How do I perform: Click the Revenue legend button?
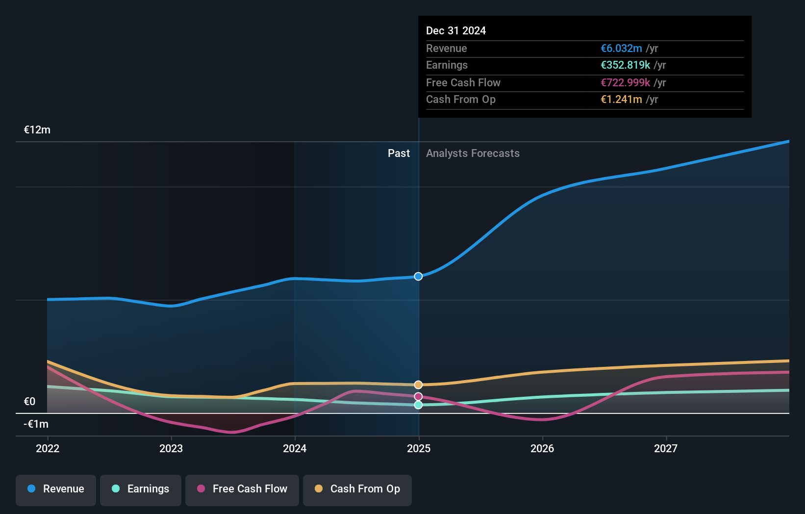click(x=56, y=489)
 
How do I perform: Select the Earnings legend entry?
click(x=141, y=489)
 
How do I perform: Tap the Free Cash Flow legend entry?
click(x=242, y=489)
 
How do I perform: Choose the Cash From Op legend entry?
click(x=357, y=489)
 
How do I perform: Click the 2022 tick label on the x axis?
click(x=48, y=448)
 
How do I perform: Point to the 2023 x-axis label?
click(x=171, y=448)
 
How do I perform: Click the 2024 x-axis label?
click(x=295, y=448)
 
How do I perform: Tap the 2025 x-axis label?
click(x=419, y=448)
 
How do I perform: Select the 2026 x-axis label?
click(x=542, y=448)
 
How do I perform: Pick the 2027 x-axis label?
click(x=666, y=448)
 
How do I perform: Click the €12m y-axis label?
click(x=37, y=130)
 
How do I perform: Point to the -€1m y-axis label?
click(x=36, y=424)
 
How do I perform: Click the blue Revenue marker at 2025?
click(x=418, y=276)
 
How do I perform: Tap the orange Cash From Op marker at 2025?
click(x=418, y=385)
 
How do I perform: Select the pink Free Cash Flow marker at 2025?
click(x=418, y=396)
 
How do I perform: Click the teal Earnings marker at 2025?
click(x=418, y=405)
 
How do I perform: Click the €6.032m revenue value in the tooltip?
click(x=621, y=49)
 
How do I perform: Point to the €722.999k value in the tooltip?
click(x=625, y=82)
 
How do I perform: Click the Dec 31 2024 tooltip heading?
click(x=456, y=30)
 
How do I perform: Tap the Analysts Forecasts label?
click(x=473, y=153)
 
